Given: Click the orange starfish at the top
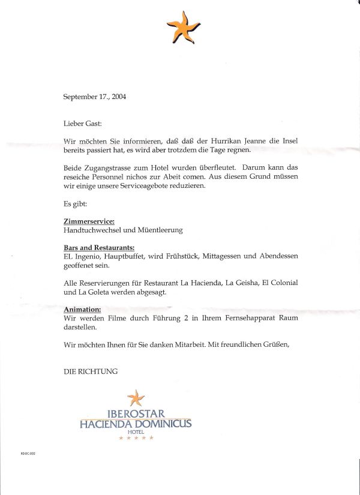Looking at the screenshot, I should pos(183,27).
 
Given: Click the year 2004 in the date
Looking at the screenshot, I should pos(119,97).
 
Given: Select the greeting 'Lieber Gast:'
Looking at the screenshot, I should pos(83,123).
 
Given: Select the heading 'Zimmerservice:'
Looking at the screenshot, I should pos(89,221).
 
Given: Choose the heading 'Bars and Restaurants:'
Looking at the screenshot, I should pos(99,248).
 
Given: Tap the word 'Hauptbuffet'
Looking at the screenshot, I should pos(116,256).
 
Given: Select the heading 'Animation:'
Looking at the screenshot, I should pos(82,309).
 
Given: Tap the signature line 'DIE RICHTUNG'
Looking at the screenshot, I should pos(91,371).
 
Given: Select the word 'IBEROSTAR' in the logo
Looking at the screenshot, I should pos(136,413).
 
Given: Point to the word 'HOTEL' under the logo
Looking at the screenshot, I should pos(136,432).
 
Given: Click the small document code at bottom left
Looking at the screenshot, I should pos(28,454).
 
